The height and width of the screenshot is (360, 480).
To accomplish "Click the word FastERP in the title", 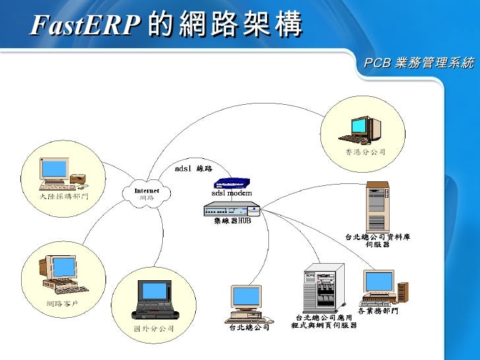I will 85,26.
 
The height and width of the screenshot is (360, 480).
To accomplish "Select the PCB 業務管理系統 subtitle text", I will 419,64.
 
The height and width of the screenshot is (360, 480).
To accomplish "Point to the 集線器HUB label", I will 232,221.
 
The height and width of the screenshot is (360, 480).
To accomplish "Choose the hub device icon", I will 231,210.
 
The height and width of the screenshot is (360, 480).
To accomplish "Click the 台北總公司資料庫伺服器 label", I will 378,240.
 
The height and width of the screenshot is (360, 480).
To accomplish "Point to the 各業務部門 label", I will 378,311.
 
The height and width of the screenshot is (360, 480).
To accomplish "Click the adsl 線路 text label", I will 193,169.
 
